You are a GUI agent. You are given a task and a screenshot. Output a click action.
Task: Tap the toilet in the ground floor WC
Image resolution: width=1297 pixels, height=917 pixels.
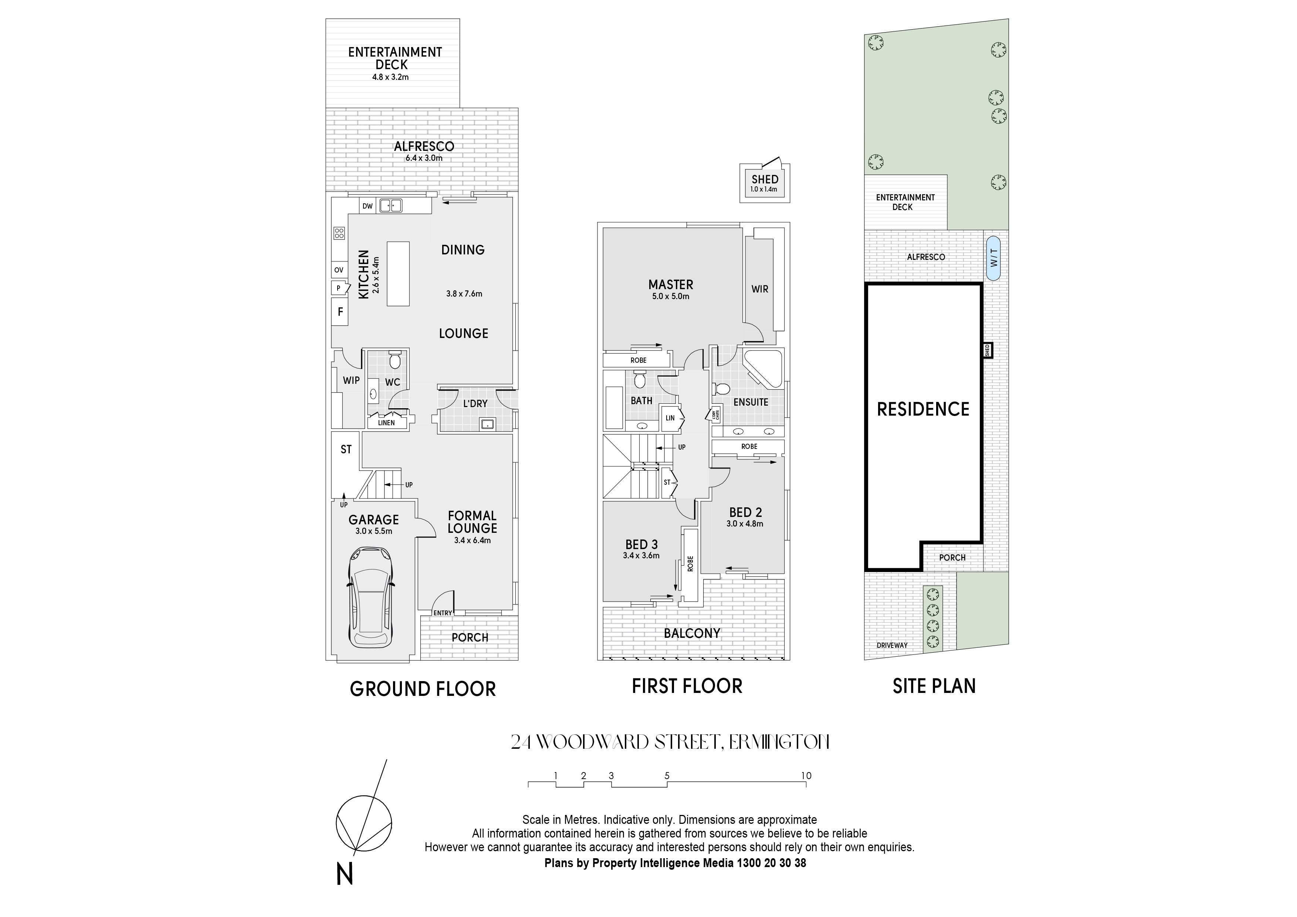click(395, 359)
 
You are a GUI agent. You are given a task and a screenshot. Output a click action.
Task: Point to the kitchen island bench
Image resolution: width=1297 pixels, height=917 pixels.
click(398, 274)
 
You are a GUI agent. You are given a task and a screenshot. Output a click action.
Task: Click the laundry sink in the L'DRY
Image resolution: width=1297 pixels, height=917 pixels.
click(487, 424)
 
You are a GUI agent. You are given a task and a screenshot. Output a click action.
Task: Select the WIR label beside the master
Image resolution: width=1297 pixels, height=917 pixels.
click(760, 289)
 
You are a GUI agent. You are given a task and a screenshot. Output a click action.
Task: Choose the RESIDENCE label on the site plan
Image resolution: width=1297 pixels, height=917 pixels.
click(923, 409)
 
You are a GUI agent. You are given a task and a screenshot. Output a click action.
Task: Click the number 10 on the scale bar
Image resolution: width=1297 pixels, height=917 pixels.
click(806, 776)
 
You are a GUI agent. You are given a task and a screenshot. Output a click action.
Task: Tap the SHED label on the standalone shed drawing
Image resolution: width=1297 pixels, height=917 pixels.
click(765, 179)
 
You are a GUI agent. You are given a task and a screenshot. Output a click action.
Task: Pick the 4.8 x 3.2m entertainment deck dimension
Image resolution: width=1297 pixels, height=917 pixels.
click(390, 77)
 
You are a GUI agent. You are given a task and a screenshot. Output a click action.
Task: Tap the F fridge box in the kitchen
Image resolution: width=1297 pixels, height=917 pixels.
click(340, 311)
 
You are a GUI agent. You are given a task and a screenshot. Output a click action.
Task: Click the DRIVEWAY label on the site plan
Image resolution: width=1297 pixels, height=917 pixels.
click(892, 645)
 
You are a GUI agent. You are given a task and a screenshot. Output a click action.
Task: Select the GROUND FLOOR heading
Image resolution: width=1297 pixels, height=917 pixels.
click(423, 689)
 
